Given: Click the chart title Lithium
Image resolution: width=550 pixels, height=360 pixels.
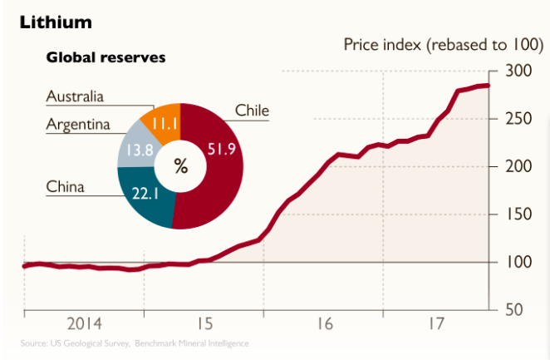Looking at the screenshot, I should click(x=56, y=19).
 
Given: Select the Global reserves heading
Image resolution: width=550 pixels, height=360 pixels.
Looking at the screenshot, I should click(x=106, y=58).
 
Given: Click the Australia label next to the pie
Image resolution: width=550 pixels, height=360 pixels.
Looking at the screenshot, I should click(x=75, y=97).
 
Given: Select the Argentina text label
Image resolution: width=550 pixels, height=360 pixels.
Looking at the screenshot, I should click(x=78, y=126).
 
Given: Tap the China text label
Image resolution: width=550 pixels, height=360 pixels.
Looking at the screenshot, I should click(x=65, y=187).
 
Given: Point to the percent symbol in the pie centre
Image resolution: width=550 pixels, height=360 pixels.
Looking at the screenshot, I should click(x=180, y=165).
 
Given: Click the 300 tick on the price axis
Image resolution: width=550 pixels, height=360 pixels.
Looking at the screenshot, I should click(x=516, y=72).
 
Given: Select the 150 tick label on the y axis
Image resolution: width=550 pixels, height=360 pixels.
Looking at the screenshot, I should click(x=516, y=215).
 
